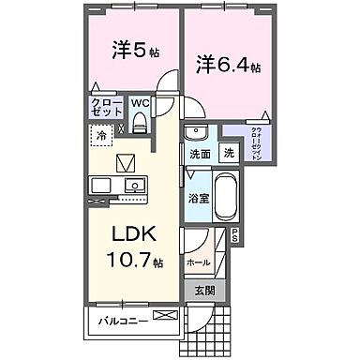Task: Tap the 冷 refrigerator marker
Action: [x=100, y=137]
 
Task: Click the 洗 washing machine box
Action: [x=228, y=153]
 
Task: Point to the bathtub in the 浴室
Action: [x=226, y=198]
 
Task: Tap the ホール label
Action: [x=199, y=263]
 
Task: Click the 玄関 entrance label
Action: [x=204, y=292]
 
